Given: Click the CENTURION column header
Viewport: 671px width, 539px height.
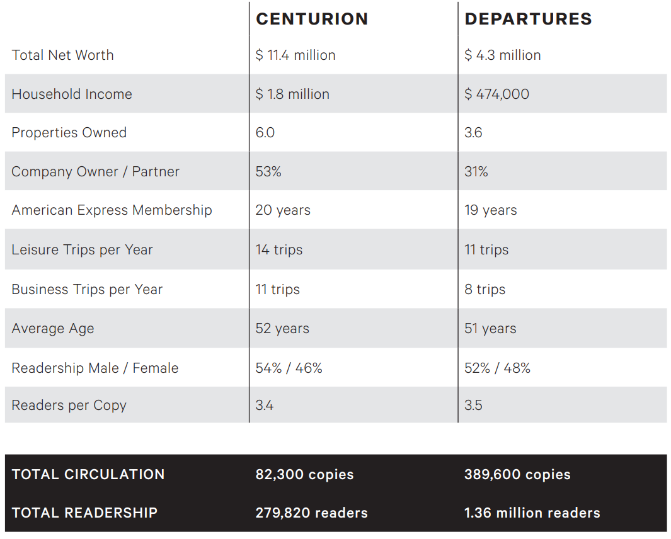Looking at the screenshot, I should pyautogui.click(x=312, y=19).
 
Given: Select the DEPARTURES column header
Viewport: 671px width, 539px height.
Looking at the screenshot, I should pyautogui.click(x=528, y=19).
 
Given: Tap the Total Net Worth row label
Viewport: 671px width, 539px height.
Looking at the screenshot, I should pyautogui.click(x=62, y=55).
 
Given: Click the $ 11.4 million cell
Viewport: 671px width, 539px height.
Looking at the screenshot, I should pyautogui.click(x=295, y=55).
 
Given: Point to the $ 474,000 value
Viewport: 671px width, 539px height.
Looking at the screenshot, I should pyautogui.click(x=496, y=94).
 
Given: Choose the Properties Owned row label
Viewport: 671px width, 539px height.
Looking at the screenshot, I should pyautogui.click(x=69, y=133).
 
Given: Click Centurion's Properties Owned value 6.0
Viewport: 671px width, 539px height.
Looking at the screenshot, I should pyautogui.click(x=265, y=133).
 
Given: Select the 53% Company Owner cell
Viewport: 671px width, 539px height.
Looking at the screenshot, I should pyautogui.click(x=268, y=172).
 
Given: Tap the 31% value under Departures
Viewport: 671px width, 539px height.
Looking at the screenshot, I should pyautogui.click(x=476, y=172).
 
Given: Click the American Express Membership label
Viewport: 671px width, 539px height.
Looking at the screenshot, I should pyautogui.click(x=112, y=210).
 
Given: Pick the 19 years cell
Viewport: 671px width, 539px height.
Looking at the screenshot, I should pyautogui.click(x=490, y=210).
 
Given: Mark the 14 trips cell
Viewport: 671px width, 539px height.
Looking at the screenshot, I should pyautogui.click(x=279, y=250).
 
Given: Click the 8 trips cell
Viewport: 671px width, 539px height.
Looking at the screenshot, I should pyautogui.click(x=485, y=290).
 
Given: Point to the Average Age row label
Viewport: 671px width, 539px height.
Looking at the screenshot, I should pyautogui.click(x=52, y=329).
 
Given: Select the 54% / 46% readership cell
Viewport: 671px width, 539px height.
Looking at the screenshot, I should pyautogui.click(x=289, y=368).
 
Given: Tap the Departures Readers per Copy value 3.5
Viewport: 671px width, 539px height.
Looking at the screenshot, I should pyautogui.click(x=473, y=406).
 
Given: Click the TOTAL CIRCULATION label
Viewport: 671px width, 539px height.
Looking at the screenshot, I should pyautogui.click(x=88, y=475).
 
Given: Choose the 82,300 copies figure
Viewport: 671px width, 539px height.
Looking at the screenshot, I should pyautogui.click(x=304, y=475).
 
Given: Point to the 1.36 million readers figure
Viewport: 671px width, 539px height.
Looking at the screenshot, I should pyautogui.click(x=532, y=513).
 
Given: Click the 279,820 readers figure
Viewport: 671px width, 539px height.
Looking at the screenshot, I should pyautogui.click(x=311, y=513).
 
